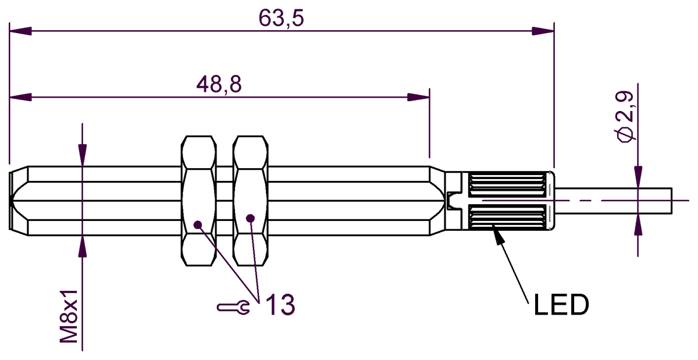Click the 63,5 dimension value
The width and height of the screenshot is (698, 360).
click(x=281, y=18)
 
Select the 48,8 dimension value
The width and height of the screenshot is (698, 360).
click(x=219, y=84)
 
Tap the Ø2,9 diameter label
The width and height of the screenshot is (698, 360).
click(x=625, y=116)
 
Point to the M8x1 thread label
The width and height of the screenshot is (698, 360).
click(x=69, y=316)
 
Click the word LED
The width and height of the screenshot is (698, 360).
click(x=561, y=305)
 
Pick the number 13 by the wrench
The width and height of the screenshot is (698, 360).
click(x=280, y=305)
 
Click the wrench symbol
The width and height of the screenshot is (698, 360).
click(x=233, y=307)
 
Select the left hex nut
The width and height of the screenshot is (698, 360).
click(x=199, y=201)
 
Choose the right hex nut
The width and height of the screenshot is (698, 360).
click(x=251, y=201)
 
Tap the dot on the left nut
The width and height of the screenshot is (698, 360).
click(x=198, y=224)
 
